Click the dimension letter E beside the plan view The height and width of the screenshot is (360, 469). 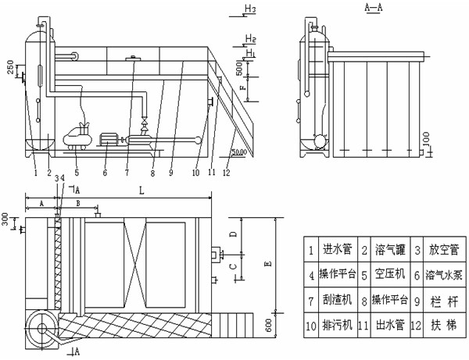point(268,265)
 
